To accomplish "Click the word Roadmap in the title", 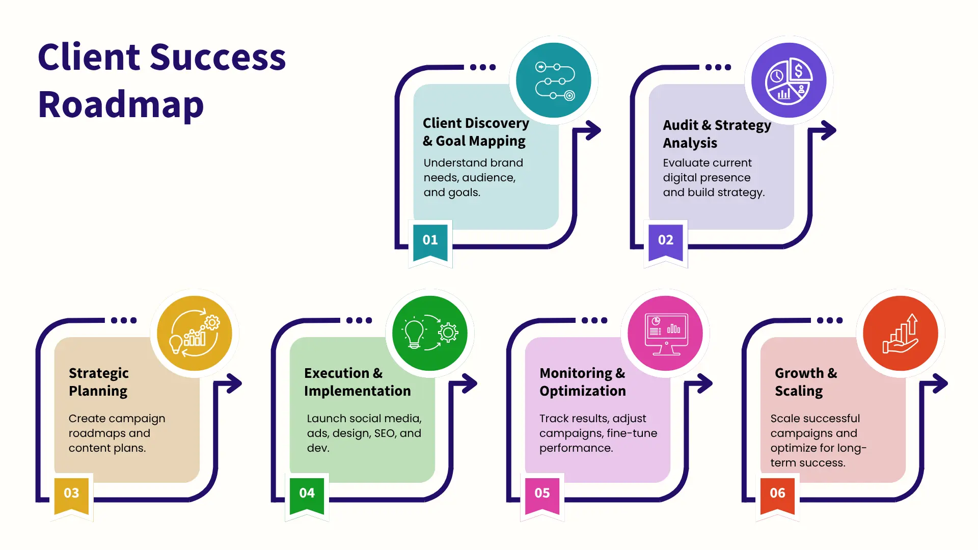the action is (121, 104).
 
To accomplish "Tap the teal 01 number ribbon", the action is (430, 242).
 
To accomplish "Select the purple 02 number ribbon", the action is (666, 242).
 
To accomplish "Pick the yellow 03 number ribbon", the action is (71, 496).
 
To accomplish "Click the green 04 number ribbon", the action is (307, 496).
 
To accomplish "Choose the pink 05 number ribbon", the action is (542, 496).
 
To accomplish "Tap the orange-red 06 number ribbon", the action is (777, 496).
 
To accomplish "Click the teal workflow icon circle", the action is (554, 80).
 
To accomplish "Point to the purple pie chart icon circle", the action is (789, 80).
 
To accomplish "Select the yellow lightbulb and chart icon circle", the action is (195, 334).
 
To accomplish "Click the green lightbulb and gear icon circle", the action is (430, 334).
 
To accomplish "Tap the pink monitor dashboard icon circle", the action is (665, 334).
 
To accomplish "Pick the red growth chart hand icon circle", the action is (901, 334).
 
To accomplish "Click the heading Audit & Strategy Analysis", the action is (717, 134).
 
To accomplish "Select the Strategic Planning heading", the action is (99, 382).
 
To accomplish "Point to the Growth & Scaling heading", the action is (806, 382).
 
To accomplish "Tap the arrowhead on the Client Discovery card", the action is (593, 130).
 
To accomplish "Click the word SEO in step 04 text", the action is (385, 433).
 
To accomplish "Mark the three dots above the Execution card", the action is (359, 320).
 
